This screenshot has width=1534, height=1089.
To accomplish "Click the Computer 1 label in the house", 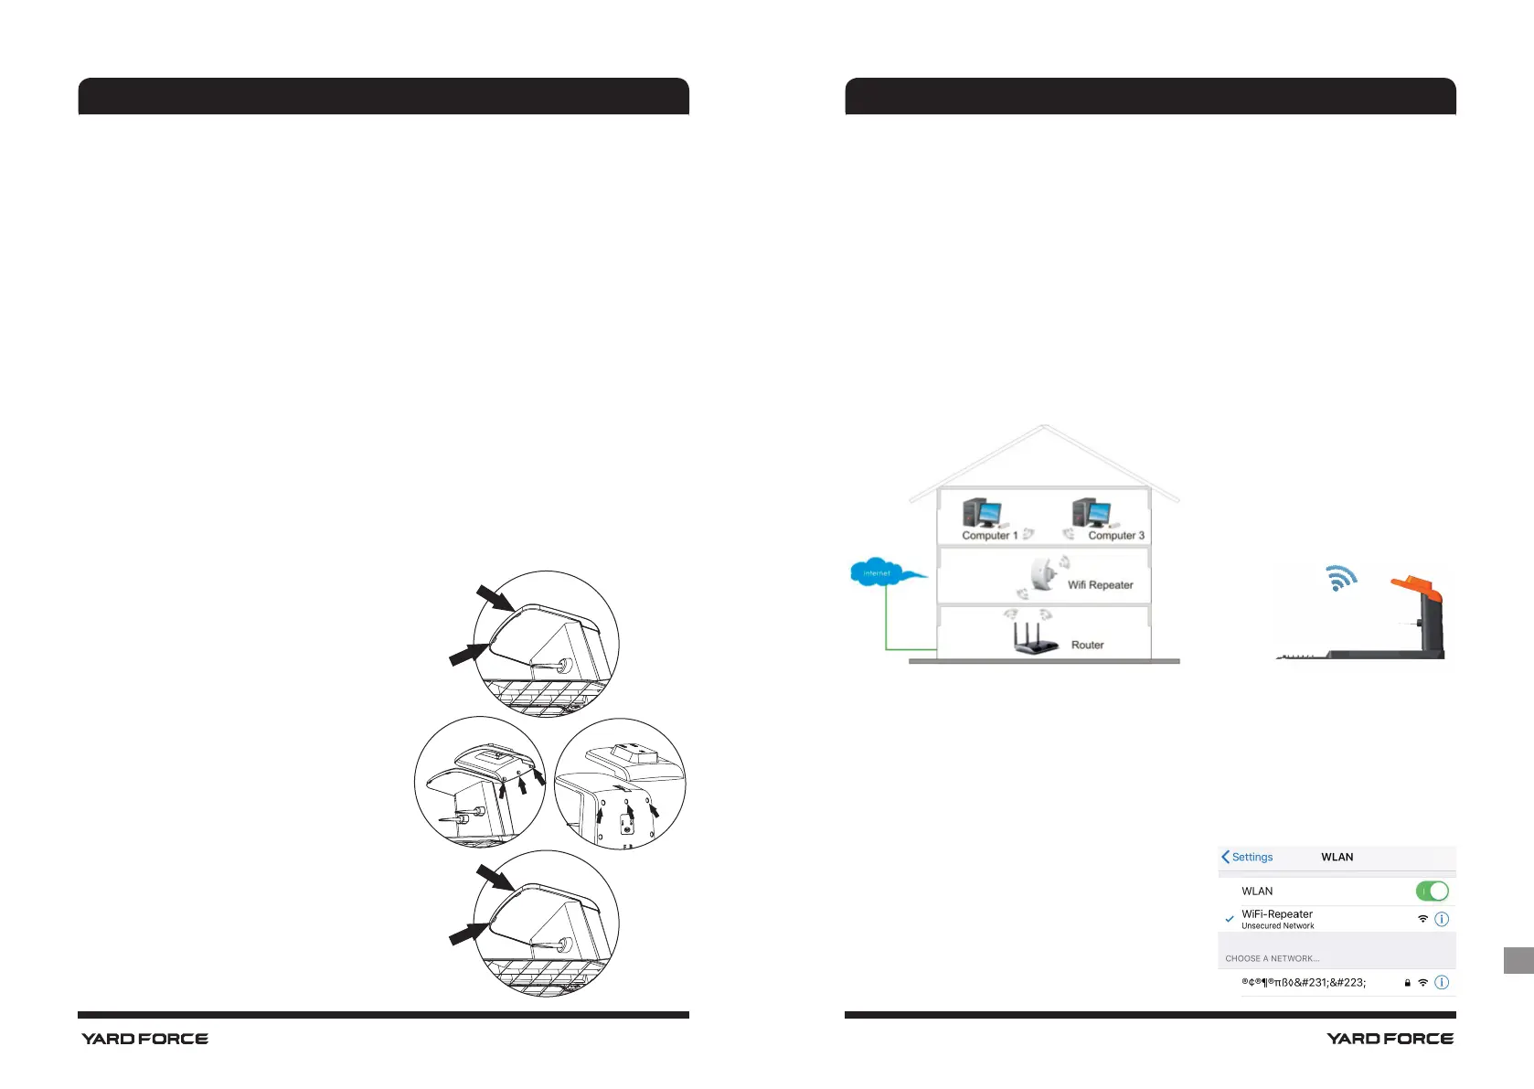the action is [989, 536].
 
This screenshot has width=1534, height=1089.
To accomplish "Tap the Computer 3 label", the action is [1115, 536].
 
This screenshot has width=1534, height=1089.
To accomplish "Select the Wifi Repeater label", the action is [1100, 585].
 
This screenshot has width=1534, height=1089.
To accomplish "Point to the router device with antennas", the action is [1035, 639].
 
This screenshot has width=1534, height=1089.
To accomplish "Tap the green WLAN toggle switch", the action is [1432, 891].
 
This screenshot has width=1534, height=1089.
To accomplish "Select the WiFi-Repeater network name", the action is [1276, 914].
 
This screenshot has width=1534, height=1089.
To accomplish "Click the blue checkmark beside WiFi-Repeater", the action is [1230, 919].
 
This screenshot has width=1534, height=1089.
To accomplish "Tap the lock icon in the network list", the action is [1407, 983].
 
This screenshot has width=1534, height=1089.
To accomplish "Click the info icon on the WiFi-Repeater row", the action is [1442, 919].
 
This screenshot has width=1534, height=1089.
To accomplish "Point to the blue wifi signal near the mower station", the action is [1341, 578].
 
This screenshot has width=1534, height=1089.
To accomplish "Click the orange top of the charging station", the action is [1417, 587].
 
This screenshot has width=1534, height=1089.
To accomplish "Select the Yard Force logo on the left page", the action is [144, 1039].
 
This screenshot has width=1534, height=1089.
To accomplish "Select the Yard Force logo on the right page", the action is [1390, 1039].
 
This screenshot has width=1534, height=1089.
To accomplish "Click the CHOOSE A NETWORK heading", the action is [1272, 958].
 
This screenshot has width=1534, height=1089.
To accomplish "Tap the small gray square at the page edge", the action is [1518, 960].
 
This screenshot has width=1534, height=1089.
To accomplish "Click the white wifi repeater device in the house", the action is [1041, 574].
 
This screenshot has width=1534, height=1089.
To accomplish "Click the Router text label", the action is [1087, 645].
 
